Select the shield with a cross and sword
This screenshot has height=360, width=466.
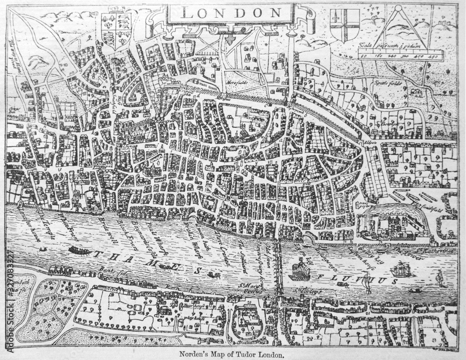click(345, 26)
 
